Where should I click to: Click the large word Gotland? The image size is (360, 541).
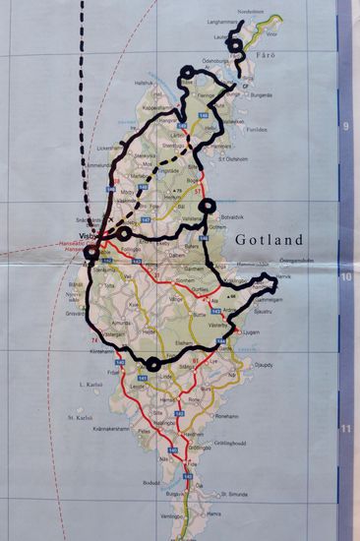click(277, 239)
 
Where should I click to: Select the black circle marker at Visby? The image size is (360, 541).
click(92, 253)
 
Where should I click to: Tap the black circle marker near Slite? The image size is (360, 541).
click(206, 206)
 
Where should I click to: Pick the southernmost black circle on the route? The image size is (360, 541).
click(153, 364)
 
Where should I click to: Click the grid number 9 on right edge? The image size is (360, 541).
click(343, 126)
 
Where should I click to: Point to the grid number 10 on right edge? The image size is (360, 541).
click(343, 276)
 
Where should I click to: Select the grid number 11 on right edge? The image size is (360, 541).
click(343, 429)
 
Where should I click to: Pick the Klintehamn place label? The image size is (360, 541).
click(102, 351)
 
